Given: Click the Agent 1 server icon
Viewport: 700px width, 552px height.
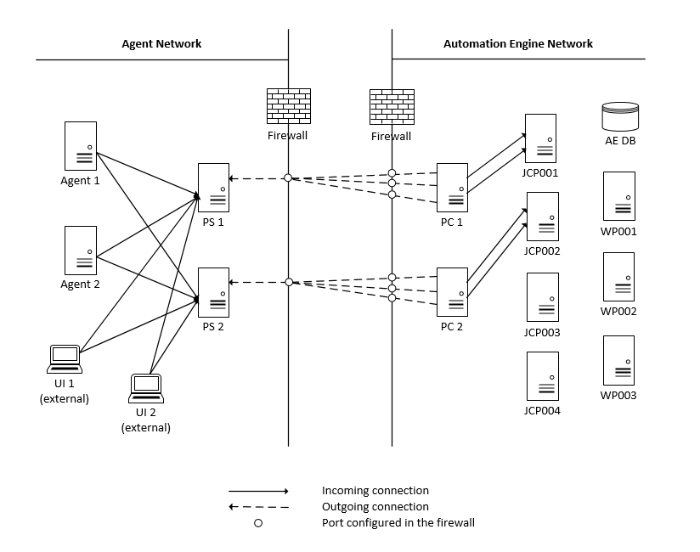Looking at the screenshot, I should [81, 146].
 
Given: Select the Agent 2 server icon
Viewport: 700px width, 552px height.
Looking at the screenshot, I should [81, 251].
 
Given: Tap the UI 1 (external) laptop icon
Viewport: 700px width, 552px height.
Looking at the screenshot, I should [65, 359].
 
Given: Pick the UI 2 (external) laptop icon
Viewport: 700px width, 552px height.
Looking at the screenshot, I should [145, 388].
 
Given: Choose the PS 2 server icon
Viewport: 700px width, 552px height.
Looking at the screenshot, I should [213, 292].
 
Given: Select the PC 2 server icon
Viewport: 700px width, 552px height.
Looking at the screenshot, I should [452, 292].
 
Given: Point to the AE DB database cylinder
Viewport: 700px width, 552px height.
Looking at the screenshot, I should [619, 116].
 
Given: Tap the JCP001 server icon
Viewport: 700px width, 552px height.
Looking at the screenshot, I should [540, 138].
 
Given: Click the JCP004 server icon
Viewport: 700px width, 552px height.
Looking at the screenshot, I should [542, 376].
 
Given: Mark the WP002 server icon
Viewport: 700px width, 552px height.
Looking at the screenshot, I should [618, 277].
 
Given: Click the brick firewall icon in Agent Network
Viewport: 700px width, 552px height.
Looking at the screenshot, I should [287, 107].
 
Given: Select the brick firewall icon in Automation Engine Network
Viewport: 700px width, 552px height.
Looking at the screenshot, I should [391, 107].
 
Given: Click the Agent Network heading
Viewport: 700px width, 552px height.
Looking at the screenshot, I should [161, 43].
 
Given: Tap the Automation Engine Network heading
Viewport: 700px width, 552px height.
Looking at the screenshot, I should [518, 43].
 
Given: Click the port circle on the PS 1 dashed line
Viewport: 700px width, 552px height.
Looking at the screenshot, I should [288, 177].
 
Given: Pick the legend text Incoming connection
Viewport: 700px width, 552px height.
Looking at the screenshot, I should [375, 491].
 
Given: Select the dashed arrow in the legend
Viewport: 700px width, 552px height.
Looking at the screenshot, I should [259, 507].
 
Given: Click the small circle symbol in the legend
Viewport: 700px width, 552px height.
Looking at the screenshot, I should [258, 523].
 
